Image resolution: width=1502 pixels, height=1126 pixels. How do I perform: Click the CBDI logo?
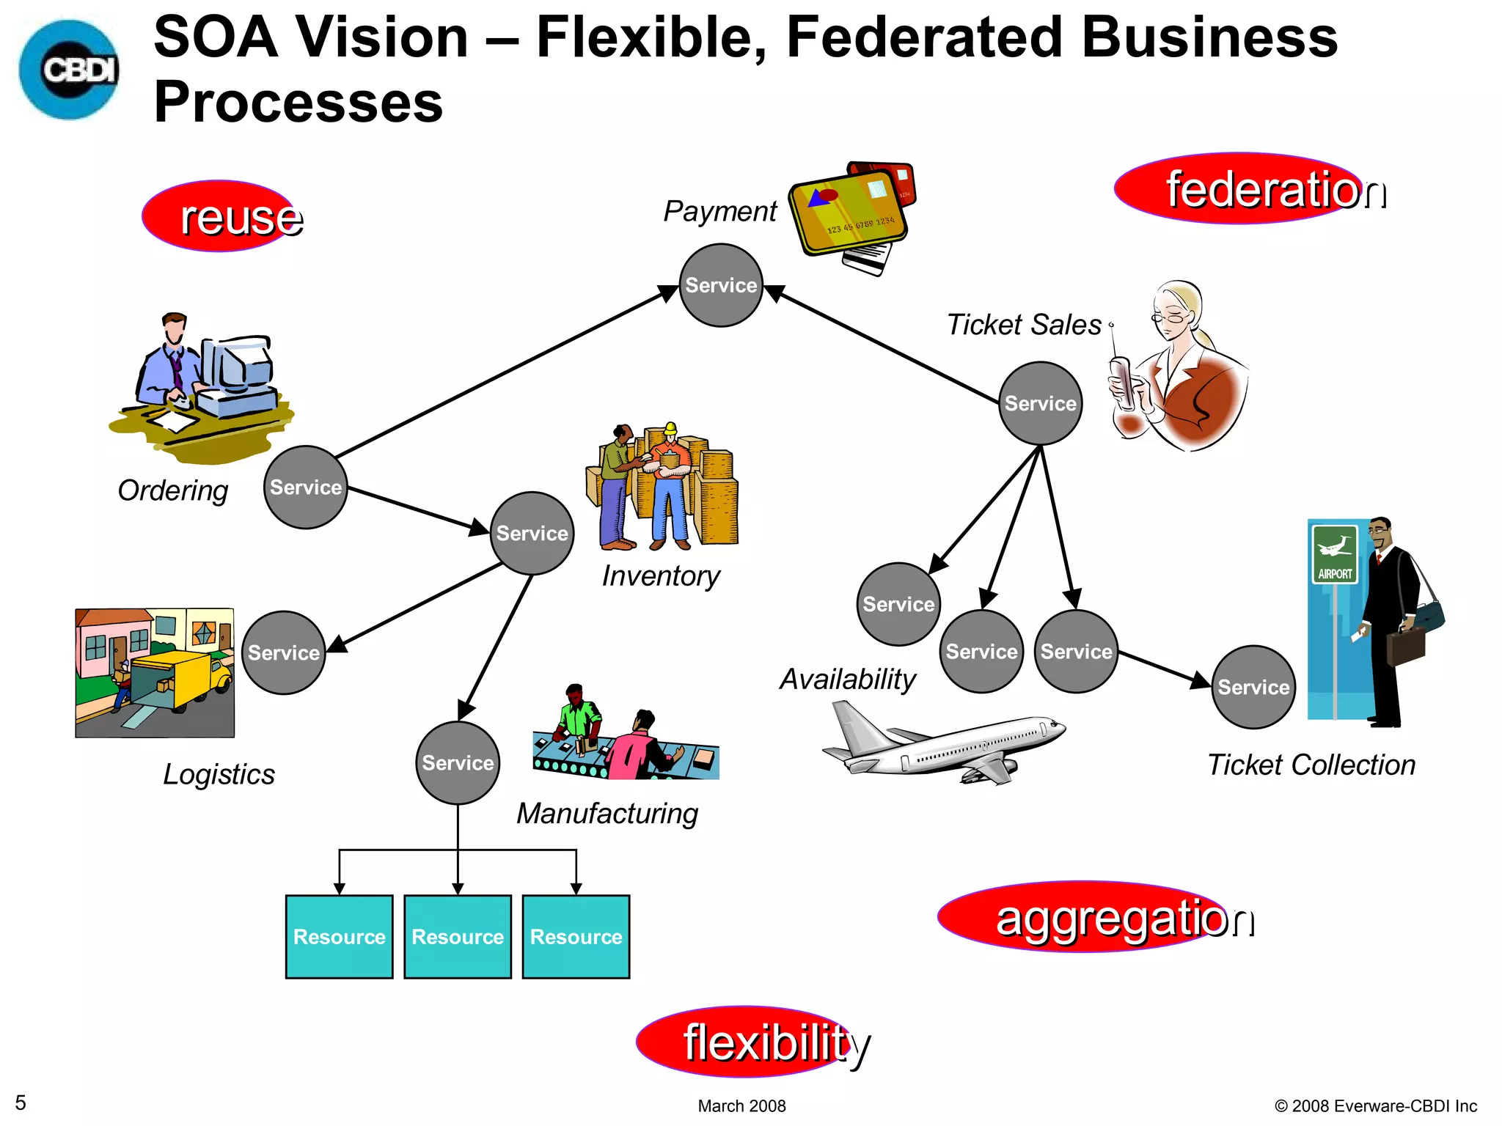point(70,70)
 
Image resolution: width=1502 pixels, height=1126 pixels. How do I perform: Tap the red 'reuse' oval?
point(220,216)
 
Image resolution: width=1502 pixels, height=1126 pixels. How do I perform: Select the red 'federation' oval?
point(1239,188)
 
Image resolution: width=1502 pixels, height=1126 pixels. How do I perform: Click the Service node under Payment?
point(721,285)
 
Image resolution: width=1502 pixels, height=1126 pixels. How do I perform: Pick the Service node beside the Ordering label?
point(305,487)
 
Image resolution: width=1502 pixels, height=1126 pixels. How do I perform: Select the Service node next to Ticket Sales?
point(1040,403)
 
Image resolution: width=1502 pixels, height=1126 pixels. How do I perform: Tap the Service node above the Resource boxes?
point(458,763)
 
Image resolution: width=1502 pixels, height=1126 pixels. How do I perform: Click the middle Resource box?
point(458,937)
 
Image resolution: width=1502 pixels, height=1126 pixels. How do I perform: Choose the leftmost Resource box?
point(339,937)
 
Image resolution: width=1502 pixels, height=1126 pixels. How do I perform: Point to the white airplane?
point(946,744)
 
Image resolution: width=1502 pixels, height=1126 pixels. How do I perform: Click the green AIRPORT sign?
point(1334,554)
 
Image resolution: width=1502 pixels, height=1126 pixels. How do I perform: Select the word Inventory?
point(661,576)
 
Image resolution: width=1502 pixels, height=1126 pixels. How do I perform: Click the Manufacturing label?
point(607,814)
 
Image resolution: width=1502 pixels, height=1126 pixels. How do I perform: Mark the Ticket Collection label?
point(1311,765)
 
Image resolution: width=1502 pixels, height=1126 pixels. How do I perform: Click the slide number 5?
point(21,1103)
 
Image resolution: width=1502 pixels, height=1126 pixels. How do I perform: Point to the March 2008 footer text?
point(741,1105)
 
